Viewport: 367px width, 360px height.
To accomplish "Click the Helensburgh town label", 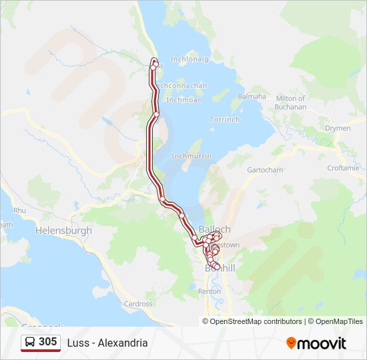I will click(62, 230).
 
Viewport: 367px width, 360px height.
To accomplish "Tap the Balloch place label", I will click(215, 229).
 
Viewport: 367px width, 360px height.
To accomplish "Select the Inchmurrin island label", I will click(192, 155).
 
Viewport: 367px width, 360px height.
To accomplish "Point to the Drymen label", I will click(337, 128).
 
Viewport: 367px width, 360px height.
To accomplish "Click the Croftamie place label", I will click(344, 168).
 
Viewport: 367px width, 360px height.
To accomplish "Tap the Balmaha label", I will click(252, 96).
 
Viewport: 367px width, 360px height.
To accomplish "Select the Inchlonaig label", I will click(190, 59).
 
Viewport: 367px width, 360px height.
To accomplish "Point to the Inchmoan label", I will click(183, 100).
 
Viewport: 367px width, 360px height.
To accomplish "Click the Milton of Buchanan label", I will click(290, 103).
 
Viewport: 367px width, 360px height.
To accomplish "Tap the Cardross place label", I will click(138, 304).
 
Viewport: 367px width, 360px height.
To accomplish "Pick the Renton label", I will click(210, 292).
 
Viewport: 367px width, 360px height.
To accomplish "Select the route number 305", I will click(47, 342).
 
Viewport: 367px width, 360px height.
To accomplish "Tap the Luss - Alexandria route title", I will click(107, 343).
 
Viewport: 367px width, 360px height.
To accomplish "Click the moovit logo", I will click(316, 343).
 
